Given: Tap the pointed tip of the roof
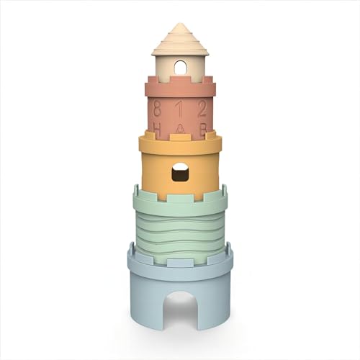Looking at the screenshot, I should click(180, 24).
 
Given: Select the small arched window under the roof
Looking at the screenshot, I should click(180, 68).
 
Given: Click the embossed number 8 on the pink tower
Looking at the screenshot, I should click(158, 109).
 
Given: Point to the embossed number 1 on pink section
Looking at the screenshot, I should click(180, 109).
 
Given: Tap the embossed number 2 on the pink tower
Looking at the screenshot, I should click(202, 109).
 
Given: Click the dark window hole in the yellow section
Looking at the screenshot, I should click(180, 171).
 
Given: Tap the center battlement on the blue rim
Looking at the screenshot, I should click(180, 256).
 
